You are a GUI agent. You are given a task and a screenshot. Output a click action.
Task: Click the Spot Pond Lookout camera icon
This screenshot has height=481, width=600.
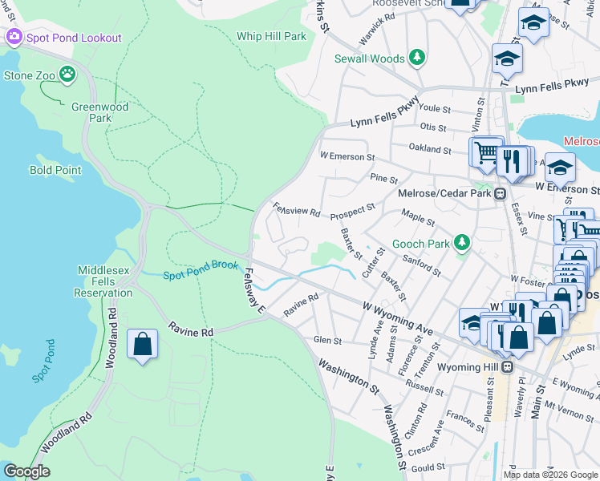point(14,37)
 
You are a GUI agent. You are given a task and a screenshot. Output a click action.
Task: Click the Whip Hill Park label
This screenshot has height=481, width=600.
point(272,36)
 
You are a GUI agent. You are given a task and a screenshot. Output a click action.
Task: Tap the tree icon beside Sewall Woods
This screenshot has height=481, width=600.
point(416,58)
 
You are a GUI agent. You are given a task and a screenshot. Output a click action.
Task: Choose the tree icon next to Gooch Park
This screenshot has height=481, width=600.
point(461,242)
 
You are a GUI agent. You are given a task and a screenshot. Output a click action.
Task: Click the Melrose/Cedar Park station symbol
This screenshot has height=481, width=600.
point(500,193)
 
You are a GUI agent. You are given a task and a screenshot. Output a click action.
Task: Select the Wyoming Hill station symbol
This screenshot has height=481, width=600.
point(507,366)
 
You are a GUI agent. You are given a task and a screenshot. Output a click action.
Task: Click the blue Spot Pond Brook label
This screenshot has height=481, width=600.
point(201,275)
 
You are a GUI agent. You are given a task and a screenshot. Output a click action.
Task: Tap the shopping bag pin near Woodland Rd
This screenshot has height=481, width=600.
point(142,345)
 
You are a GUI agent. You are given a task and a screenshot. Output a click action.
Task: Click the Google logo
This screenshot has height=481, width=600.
point(26,471)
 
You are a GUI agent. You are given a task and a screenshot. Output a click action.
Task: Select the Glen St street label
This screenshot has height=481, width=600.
point(327,340)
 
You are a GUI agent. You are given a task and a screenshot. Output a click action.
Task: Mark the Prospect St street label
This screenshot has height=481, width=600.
point(354,209)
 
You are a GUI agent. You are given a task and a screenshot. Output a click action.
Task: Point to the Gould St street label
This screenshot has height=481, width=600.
point(428,467)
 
